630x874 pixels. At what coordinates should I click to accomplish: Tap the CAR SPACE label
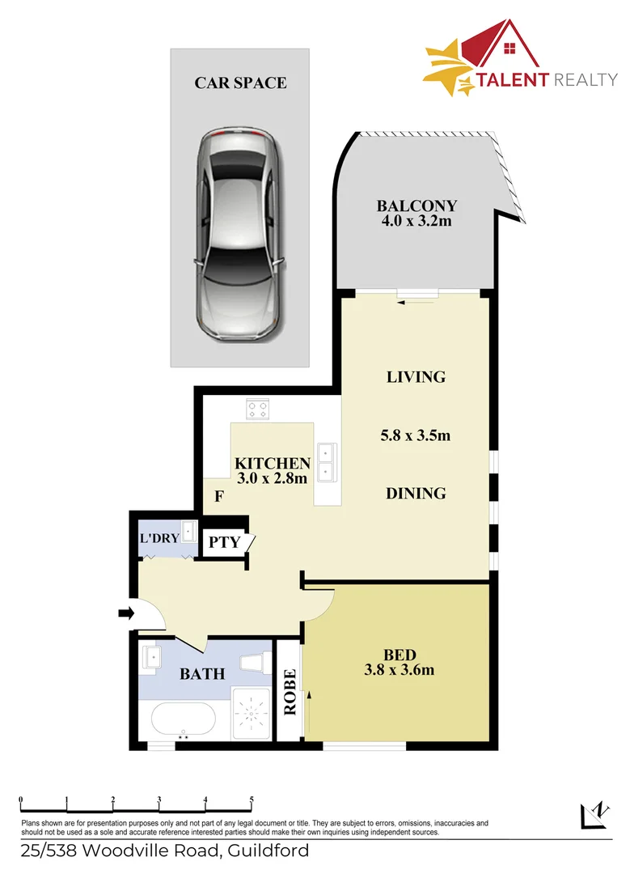(x=240, y=83)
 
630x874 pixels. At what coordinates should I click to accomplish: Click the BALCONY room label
(x=416, y=206)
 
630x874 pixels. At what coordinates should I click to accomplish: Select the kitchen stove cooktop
(x=258, y=410)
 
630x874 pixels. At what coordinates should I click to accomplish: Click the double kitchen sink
(x=327, y=462)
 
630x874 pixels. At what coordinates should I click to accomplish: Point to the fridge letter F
(x=218, y=497)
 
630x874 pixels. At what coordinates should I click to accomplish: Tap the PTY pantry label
(x=225, y=541)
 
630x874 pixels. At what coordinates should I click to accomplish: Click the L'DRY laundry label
(x=159, y=538)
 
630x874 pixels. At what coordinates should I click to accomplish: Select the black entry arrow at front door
(x=125, y=614)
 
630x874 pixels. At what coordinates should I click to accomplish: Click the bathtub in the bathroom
(x=182, y=718)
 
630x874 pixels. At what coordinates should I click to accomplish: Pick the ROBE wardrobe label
(x=290, y=692)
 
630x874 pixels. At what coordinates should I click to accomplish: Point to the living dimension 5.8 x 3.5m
(x=415, y=435)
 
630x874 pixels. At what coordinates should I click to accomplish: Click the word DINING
(x=416, y=493)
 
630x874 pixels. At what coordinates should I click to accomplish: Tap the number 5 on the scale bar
(x=252, y=799)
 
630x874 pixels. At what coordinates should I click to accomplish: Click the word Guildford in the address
(x=268, y=851)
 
